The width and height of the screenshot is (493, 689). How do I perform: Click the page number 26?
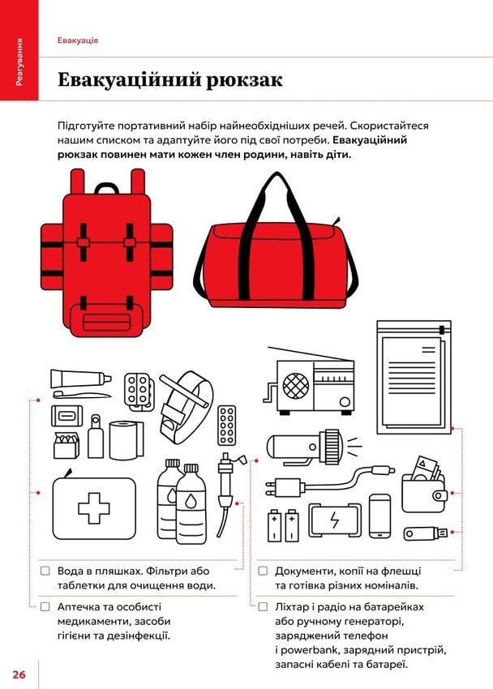pyautogui.click(x=19, y=674)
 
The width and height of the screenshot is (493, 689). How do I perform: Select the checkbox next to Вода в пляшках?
pyautogui.click(x=45, y=571)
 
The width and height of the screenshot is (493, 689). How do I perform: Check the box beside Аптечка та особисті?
pyautogui.click(x=45, y=607)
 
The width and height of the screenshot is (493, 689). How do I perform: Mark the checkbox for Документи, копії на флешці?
pyautogui.click(x=263, y=571)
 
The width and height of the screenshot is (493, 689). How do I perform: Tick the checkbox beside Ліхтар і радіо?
pyautogui.click(x=263, y=607)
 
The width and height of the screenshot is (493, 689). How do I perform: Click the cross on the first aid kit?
pyautogui.click(x=93, y=508)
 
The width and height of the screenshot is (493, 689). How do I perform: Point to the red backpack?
pyautogui.click(x=107, y=254)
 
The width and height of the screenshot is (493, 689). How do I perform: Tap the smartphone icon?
pyautogui.click(x=379, y=516)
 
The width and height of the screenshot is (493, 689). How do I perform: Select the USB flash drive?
pyautogui.click(x=426, y=533)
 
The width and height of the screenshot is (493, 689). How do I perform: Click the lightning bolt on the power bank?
pyautogui.click(x=335, y=520)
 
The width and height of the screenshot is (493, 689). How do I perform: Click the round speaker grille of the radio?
pyautogui.click(x=296, y=386)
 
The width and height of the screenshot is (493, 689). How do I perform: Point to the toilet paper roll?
pyautogui.click(x=126, y=440)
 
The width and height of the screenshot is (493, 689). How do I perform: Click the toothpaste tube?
pyautogui.click(x=81, y=379)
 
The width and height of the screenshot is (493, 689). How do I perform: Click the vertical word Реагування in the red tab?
pyautogui.click(x=19, y=62)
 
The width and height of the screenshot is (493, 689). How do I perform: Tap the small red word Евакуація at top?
pyautogui.click(x=78, y=41)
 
